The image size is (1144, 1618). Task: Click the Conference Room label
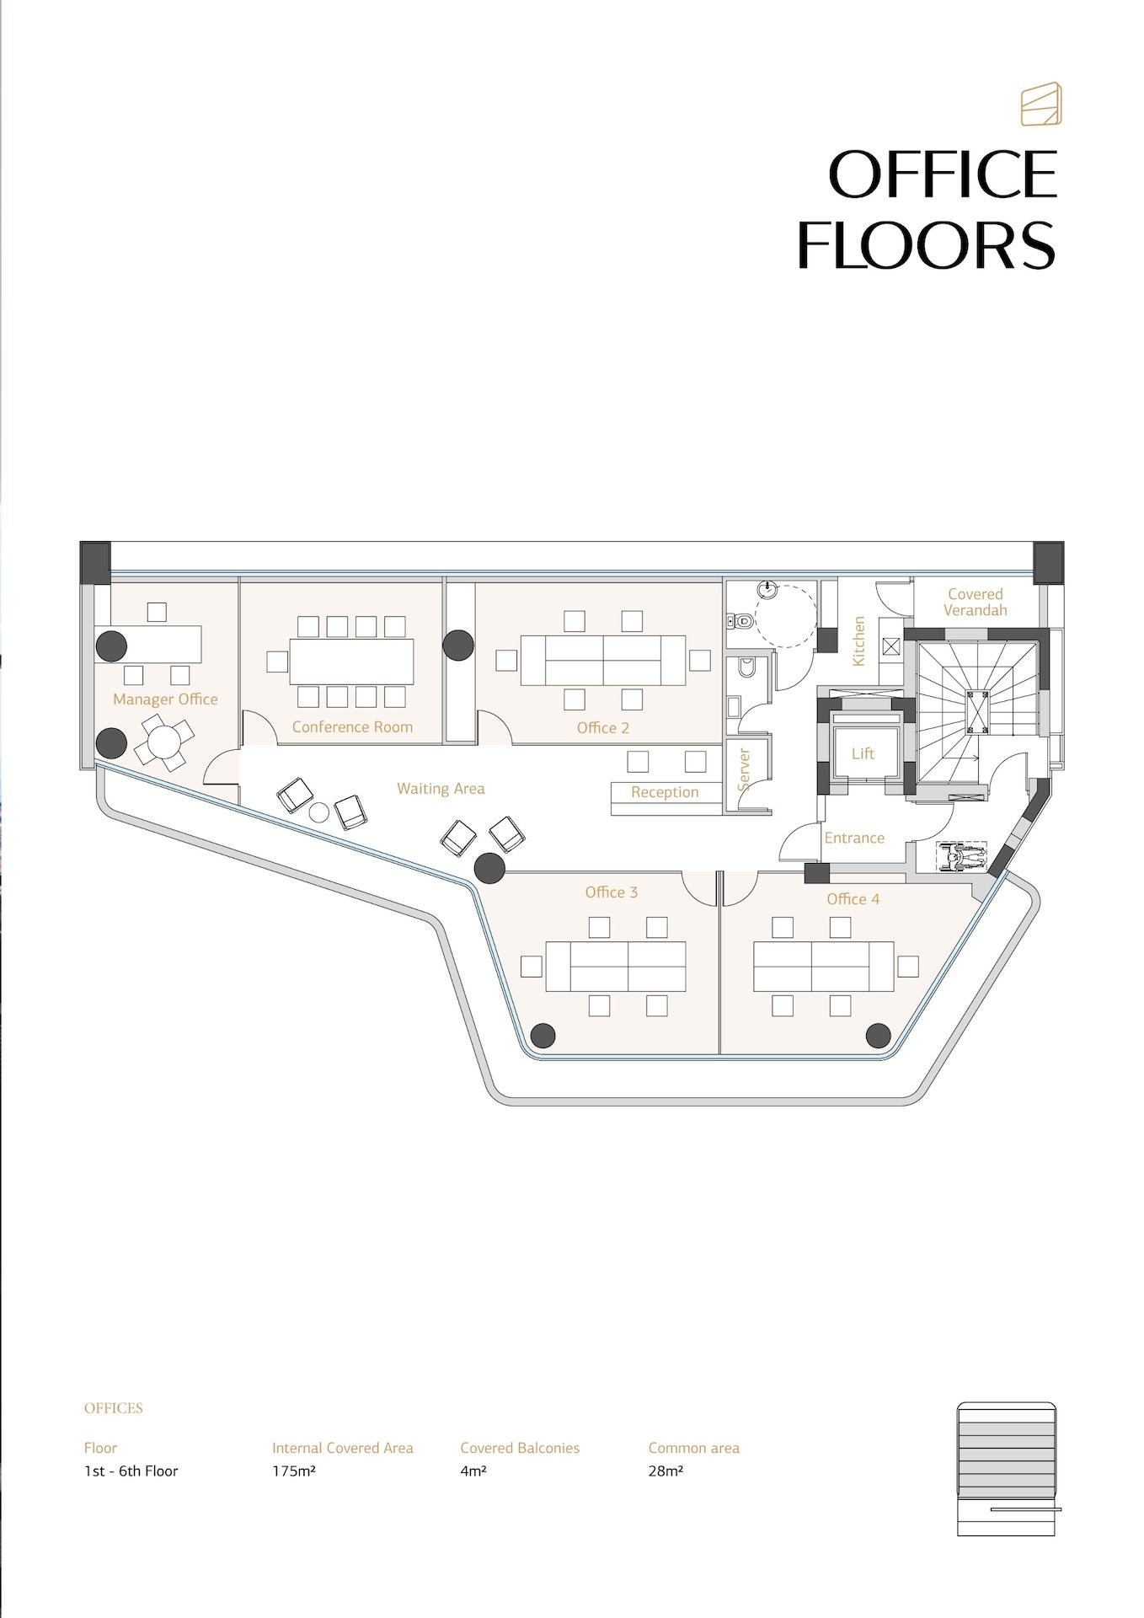[352, 727]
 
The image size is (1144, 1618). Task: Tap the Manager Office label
[165, 699]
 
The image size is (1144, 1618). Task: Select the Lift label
[863, 753]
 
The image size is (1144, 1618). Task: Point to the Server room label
[744, 769]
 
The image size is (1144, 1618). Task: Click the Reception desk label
[665, 792]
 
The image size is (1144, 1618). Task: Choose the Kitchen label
[858, 641]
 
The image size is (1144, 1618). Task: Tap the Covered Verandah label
[976, 602]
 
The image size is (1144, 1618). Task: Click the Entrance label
[854, 838]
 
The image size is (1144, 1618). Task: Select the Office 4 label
[853, 899]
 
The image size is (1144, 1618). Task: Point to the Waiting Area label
[441, 789]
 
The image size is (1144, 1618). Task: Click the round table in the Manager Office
[164, 742]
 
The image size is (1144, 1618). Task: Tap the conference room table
[352, 662]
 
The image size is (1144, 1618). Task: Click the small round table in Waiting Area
[318, 813]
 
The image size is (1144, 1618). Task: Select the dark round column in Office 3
[543, 1035]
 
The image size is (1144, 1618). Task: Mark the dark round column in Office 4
[879, 1035]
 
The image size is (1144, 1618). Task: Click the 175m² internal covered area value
[293, 1471]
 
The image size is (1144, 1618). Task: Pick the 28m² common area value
[666, 1471]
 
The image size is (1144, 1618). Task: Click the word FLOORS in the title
[926, 245]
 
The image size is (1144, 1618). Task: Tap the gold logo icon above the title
[1041, 104]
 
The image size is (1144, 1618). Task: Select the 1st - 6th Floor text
[131, 1471]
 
